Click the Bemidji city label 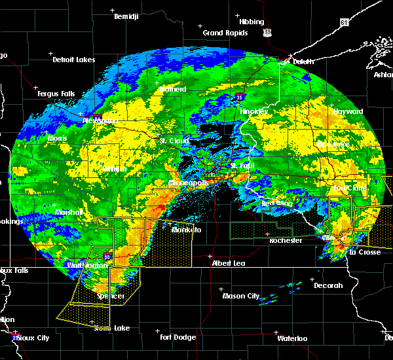126,16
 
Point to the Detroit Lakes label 73,60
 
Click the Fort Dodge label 178,337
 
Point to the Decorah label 327,285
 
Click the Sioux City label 33,338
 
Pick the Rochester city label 286,241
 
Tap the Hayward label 348,112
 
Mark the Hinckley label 253,111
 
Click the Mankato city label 186,230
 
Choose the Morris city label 57,139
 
